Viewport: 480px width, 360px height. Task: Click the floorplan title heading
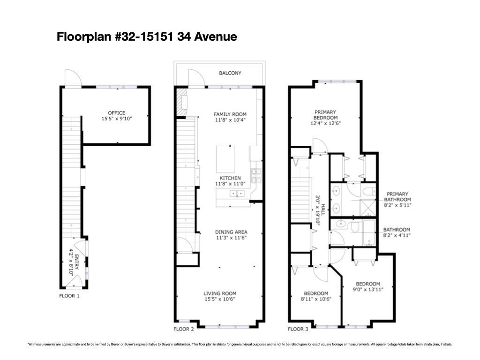pos(147,37)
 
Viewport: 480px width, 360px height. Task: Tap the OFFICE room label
pos(117,113)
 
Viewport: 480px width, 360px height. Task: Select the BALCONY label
pos(230,73)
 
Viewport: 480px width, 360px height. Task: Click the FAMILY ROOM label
pos(230,114)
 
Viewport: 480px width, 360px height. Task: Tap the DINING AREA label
pos(231,232)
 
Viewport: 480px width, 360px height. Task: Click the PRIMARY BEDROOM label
pos(325,115)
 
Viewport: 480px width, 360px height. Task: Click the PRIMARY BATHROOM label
pos(397,197)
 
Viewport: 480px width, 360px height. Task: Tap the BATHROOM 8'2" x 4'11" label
pos(397,232)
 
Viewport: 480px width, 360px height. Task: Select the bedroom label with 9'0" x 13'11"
pos(368,286)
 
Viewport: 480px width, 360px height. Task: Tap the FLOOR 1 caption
pos(69,296)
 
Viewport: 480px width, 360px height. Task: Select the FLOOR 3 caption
pos(298,329)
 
